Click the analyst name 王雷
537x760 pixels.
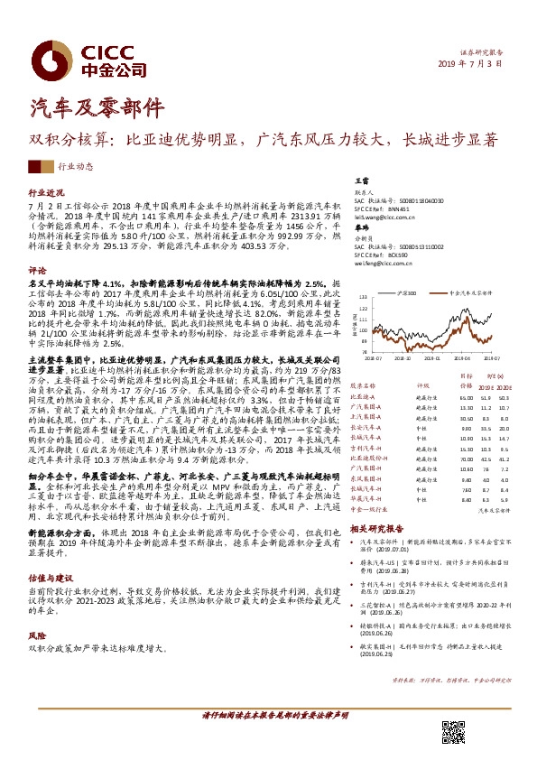click(361, 181)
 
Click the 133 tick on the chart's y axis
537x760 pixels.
click(364, 298)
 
